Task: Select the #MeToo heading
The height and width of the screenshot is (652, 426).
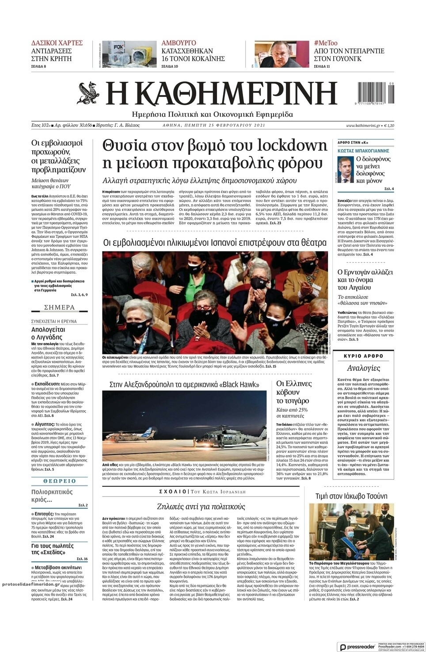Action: (x=326, y=43)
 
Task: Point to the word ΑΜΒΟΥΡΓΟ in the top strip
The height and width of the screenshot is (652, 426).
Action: (x=179, y=43)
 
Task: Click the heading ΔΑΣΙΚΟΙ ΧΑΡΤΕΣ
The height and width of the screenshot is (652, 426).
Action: (x=57, y=43)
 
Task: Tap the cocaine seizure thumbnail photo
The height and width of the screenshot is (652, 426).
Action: (x=126, y=54)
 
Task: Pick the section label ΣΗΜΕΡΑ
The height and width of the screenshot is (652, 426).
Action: (x=59, y=308)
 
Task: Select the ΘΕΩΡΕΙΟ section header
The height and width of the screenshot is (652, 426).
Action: (x=59, y=481)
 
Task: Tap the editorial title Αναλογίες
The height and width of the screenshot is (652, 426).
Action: (x=363, y=368)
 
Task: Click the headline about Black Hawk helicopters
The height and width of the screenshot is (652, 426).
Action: (x=184, y=385)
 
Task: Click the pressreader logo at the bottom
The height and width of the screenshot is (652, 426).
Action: (x=358, y=646)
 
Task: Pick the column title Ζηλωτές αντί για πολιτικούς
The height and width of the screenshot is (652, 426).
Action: (x=201, y=507)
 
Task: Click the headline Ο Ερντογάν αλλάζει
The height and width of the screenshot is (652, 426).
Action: (x=365, y=272)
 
